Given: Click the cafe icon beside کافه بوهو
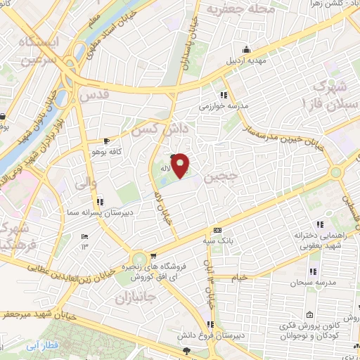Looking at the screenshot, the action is pos(106,141).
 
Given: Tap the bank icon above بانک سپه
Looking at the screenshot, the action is pos(217,230).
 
